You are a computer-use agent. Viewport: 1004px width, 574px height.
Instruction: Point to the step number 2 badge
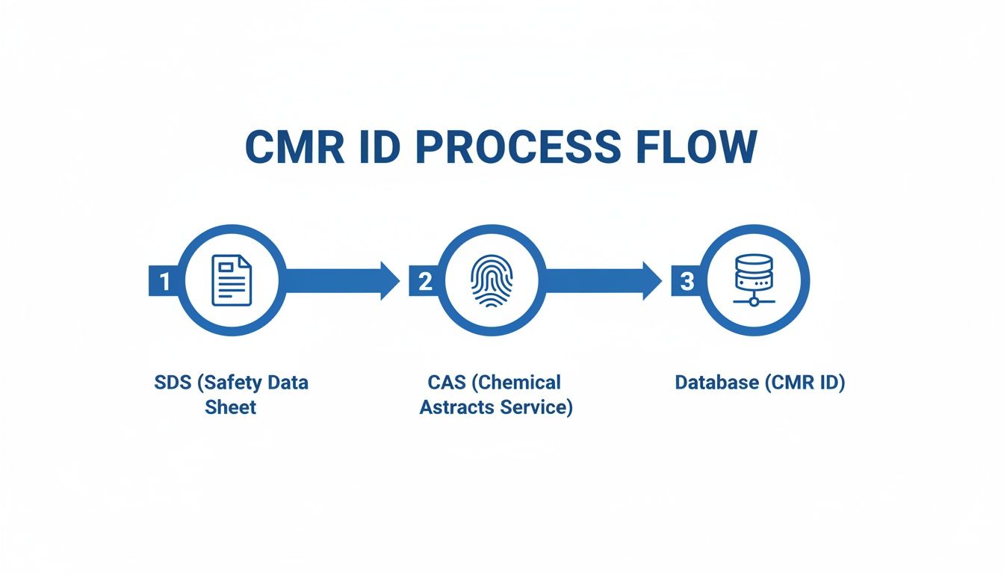[x=424, y=282]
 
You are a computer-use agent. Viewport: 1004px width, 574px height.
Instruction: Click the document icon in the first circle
[x=232, y=280]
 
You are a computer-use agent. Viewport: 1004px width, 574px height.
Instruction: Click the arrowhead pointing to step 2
[x=390, y=281]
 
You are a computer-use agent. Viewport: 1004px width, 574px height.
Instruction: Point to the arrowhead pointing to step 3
[x=651, y=281]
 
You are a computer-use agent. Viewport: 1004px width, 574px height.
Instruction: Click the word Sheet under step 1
[x=230, y=407]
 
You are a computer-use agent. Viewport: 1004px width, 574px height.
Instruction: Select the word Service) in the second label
[x=536, y=407]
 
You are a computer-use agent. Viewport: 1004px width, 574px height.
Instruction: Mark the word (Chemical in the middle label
[x=517, y=383]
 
